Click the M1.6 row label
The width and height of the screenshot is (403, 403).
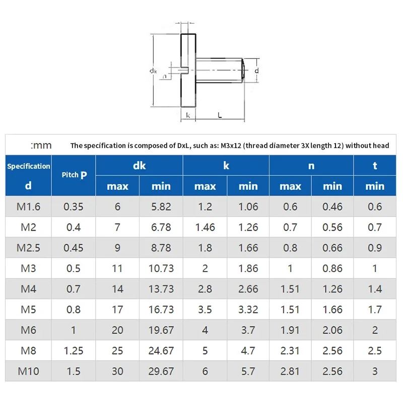click(x=28, y=207)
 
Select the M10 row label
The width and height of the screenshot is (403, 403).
click(x=28, y=372)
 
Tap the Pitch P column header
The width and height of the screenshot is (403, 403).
click(x=74, y=175)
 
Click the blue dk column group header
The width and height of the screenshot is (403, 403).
click(x=139, y=165)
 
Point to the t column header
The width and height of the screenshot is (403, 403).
click(x=375, y=165)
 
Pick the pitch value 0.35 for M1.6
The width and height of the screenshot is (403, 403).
click(x=74, y=207)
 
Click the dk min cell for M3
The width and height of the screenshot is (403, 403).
click(x=161, y=268)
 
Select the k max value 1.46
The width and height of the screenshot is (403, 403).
click(x=205, y=227)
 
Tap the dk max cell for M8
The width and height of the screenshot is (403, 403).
click(x=117, y=351)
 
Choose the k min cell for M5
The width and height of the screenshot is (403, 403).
click(x=248, y=310)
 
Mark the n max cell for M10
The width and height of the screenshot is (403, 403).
click(x=290, y=372)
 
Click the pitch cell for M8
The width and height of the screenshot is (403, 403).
click(x=74, y=351)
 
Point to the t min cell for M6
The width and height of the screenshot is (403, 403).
click(x=375, y=330)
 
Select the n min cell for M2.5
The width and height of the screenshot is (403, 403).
click(x=332, y=248)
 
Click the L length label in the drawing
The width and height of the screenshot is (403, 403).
click(x=220, y=115)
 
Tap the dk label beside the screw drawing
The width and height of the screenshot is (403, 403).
click(x=153, y=71)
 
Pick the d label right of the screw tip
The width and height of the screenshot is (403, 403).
click(x=256, y=71)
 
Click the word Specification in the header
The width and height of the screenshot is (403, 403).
click(x=28, y=166)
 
